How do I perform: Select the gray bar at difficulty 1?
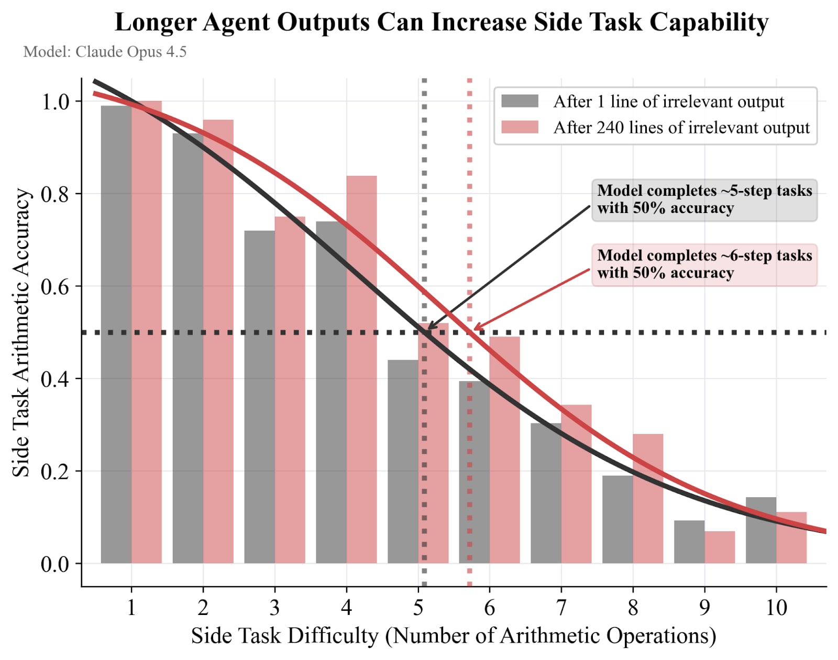116,335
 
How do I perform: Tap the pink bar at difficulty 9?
720,547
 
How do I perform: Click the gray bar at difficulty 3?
259,398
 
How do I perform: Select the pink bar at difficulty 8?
648,497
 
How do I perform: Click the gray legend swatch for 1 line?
520,101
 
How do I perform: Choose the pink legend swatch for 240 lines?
520,127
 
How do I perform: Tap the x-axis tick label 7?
561,608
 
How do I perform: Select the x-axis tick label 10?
776,608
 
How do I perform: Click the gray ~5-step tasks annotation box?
704,199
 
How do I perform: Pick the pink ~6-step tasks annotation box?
704,264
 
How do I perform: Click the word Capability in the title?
709,23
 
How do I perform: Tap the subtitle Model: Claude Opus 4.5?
105,52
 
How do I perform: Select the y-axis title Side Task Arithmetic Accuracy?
20,332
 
